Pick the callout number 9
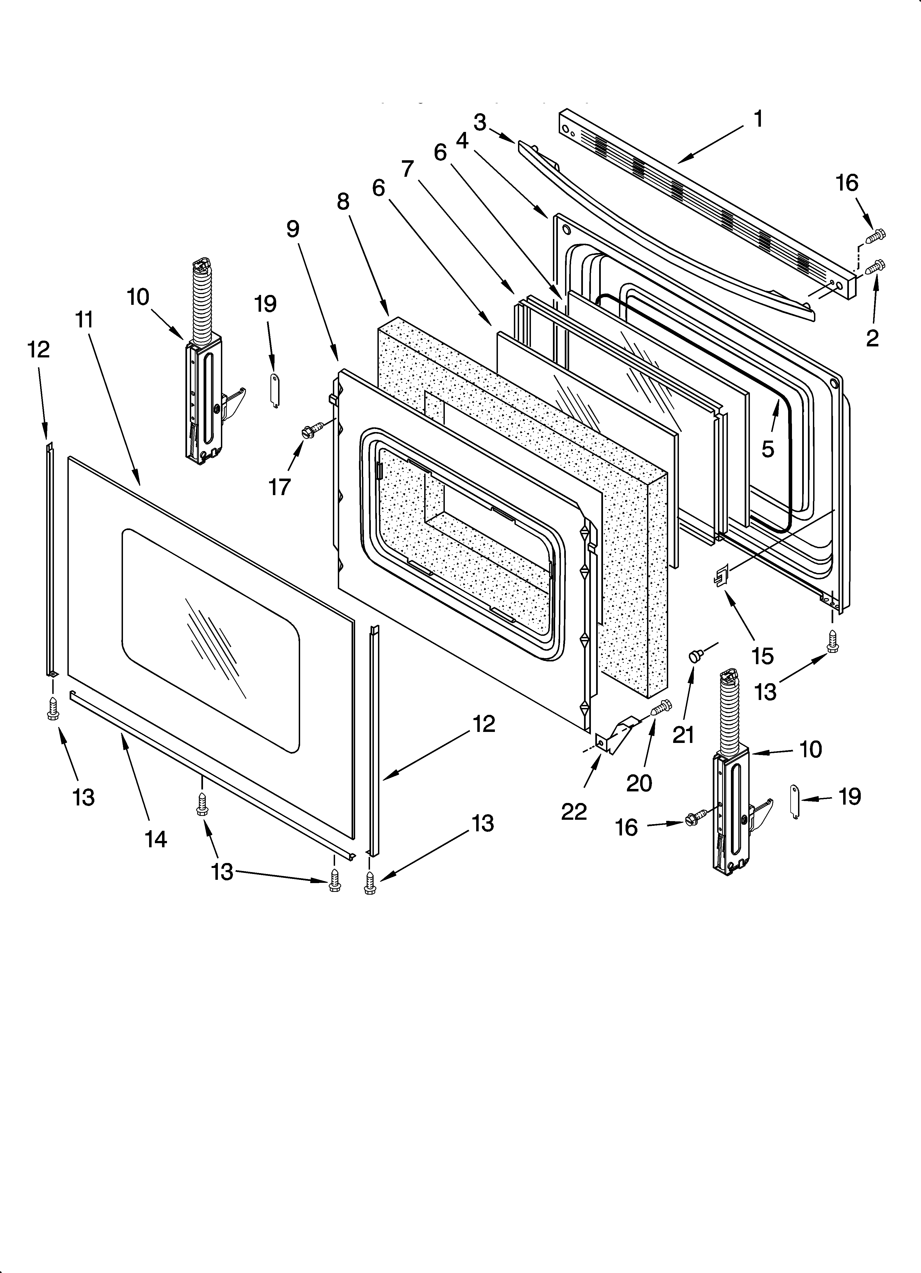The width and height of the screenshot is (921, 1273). [293, 229]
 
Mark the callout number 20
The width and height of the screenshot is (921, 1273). [639, 783]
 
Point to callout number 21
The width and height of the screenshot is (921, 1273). [683, 734]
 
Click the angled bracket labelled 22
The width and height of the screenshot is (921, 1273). [614, 735]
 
